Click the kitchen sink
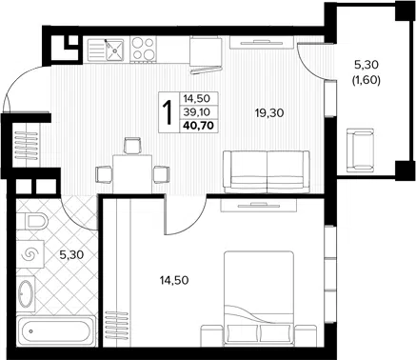[106, 50]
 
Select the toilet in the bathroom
[32, 221]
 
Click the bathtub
[56, 331]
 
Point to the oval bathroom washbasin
[26, 292]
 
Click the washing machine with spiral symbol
[30, 254]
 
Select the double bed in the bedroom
[259, 299]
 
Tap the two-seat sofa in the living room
[267, 171]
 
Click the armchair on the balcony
[362, 150]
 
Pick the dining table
[132, 174]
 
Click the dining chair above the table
[132, 146]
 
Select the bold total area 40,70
[198, 126]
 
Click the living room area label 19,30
[269, 112]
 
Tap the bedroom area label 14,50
[174, 280]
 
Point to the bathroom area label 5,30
[71, 254]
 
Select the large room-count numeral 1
[167, 112]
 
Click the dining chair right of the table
[161, 174]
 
